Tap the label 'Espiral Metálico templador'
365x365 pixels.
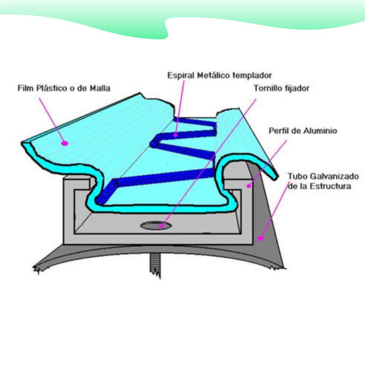(220, 75)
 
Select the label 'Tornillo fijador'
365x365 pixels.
(281, 88)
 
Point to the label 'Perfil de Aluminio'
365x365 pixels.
(303, 131)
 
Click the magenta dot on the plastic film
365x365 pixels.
(65, 143)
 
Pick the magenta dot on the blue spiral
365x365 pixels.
(176, 135)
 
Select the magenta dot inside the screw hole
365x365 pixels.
(161, 225)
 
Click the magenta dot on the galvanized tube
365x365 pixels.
(261, 238)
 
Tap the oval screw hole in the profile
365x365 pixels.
(155, 225)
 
